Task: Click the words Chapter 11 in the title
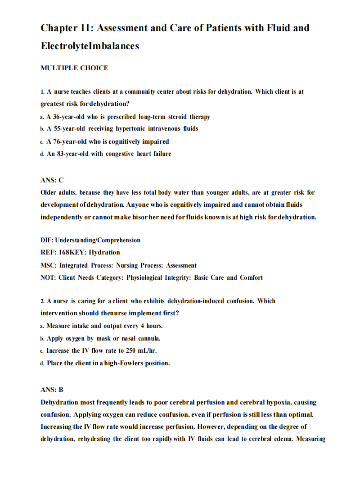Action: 67,28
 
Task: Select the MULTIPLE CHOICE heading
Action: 74,68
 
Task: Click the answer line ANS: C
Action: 52,180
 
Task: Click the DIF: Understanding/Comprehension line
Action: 90,240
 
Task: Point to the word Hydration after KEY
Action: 104,252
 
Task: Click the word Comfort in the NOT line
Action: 251,277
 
